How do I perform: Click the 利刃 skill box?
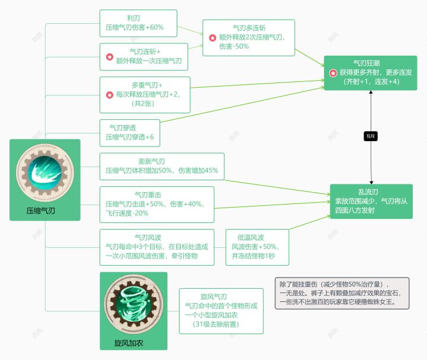click(138, 23)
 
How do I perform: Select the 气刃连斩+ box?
click(144, 56)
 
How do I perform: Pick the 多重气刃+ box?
click(145, 94)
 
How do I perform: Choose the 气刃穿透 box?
click(130, 132)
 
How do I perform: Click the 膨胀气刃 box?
click(162, 166)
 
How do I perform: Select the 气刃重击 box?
click(157, 204)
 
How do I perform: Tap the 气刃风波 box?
click(157, 247)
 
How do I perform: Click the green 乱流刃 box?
click(371, 202)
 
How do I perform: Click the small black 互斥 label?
click(371, 136)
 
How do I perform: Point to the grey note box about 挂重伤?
click(342, 293)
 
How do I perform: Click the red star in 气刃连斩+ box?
click(109, 57)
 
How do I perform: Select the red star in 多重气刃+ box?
click(109, 94)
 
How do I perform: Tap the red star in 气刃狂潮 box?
click(333, 73)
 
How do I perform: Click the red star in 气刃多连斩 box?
click(212, 38)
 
